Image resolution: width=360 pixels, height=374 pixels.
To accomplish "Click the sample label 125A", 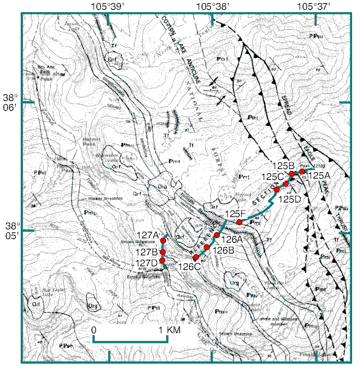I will (319, 175).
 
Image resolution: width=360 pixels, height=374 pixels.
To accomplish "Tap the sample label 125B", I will (283, 165).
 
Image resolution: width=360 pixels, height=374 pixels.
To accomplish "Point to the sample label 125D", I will (289, 198).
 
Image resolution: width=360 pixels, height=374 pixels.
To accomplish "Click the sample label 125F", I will (235, 213).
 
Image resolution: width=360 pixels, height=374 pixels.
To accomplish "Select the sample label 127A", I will (148, 235).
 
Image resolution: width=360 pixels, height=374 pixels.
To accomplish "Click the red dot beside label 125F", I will (240, 223).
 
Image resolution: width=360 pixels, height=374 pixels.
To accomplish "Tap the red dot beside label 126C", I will (196, 257).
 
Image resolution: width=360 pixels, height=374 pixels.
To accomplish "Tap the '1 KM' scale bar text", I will (172, 330).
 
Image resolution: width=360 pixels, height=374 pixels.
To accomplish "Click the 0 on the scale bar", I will (94, 330).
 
